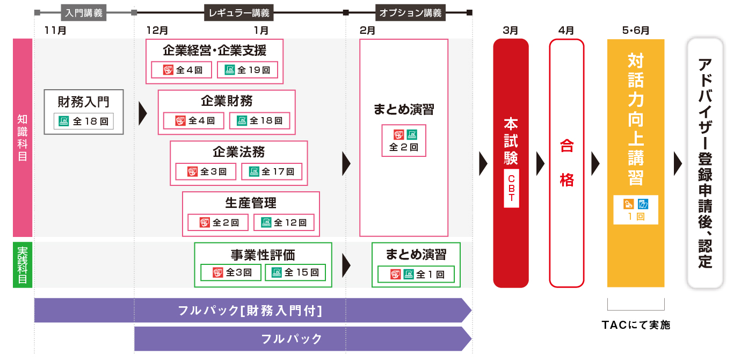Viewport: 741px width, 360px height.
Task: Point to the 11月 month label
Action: (56, 30)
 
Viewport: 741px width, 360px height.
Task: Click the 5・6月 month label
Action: (636, 30)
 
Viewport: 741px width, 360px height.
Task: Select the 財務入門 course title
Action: (84, 102)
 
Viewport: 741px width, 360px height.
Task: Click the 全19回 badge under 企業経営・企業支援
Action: (248, 70)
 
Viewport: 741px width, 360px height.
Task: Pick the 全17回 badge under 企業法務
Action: (272, 172)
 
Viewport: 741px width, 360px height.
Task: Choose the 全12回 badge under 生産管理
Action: (284, 222)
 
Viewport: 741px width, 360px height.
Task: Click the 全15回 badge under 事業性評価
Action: (295, 272)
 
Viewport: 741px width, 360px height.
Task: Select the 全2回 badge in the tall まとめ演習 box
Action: (404, 140)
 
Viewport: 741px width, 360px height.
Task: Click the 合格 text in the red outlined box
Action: (566, 163)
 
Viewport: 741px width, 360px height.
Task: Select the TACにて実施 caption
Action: (636, 325)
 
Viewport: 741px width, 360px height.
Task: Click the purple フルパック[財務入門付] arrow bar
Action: (250, 311)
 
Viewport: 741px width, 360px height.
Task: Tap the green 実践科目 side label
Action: (23, 265)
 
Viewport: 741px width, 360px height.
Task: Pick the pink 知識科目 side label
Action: (23, 137)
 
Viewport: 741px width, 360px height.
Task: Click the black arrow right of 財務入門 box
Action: (142, 112)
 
